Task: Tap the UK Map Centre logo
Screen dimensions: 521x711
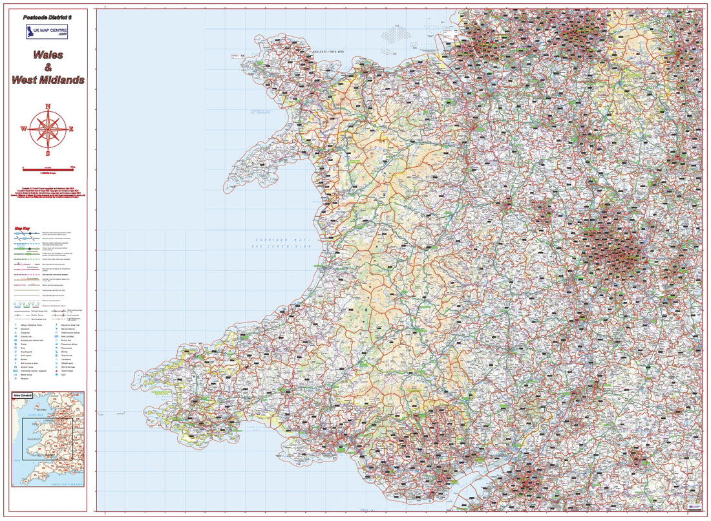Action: click(47, 32)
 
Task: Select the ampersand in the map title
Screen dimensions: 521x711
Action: click(47, 68)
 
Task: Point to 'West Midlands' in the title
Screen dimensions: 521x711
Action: click(48, 80)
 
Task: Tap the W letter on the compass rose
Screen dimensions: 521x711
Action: click(24, 129)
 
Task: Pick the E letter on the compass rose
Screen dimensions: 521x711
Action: click(71, 129)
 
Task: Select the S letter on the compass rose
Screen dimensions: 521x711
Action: click(47, 153)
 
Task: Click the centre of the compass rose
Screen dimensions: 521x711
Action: click(47, 129)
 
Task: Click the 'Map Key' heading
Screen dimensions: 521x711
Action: click(23, 228)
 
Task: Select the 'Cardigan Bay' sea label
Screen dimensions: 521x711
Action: click(282, 240)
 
